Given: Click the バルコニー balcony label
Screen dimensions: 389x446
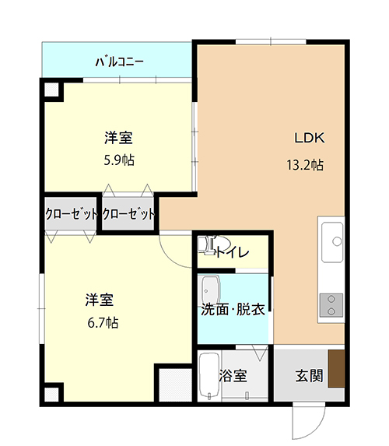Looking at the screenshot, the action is (x=119, y=61).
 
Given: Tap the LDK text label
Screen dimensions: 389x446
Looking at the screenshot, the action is (x=309, y=138).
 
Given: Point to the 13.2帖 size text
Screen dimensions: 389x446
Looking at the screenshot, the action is (x=305, y=165).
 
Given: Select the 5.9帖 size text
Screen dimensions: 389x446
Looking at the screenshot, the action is (x=119, y=160).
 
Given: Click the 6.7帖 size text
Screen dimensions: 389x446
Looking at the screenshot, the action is (x=103, y=323).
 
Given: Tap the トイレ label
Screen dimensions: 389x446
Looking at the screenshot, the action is (x=233, y=252).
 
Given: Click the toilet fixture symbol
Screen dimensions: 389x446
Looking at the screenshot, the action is (x=214, y=244).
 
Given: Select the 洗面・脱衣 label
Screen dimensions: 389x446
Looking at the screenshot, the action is (x=233, y=310).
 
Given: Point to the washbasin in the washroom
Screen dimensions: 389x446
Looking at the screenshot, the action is (x=210, y=290).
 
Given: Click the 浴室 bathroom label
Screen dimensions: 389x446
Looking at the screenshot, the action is (x=233, y=375).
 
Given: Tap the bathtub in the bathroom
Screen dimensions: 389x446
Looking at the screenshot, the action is (x=209, y=375).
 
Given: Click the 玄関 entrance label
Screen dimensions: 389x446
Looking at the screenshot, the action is (x=309, y=375).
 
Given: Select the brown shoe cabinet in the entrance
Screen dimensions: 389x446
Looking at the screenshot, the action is (x=337, y=369).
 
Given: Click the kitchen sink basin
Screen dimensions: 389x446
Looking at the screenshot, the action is (x=332, y=242).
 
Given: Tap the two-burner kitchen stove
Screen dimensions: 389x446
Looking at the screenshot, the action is (x=331, y=305).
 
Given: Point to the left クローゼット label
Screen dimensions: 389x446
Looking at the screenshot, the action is (x=71, y=213).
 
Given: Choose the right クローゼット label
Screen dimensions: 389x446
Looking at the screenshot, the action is (x=128, y=213).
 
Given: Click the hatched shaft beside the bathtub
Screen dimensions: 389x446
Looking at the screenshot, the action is (x=175, y=385).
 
